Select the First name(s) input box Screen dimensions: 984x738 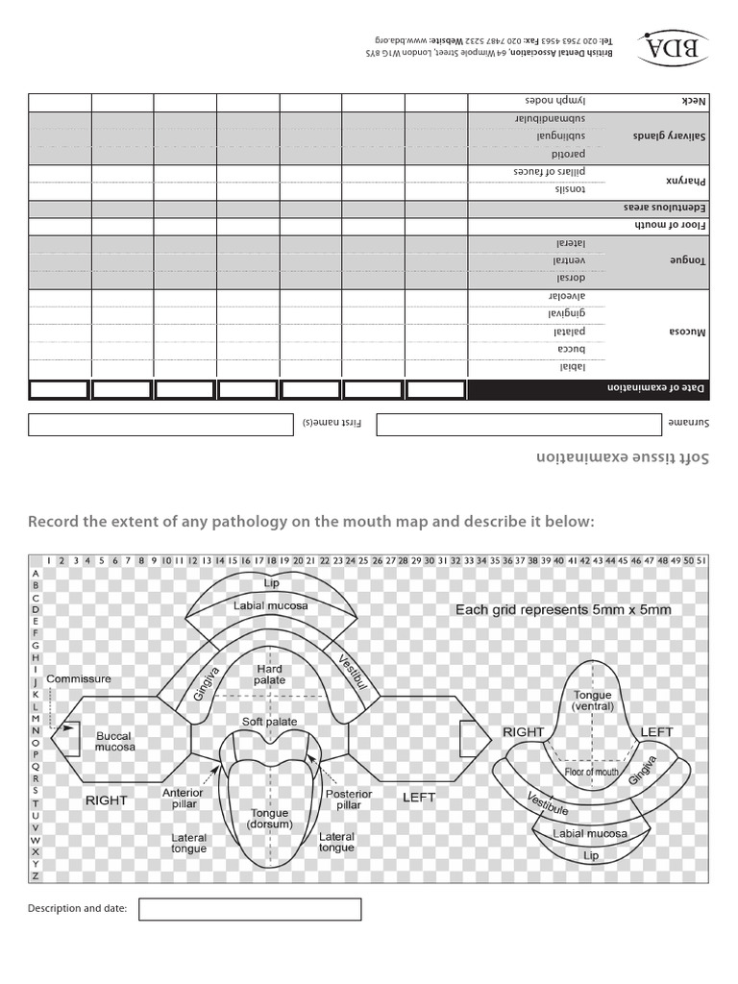[x=160, y=425]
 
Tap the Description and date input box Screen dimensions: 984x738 [x=250, y=909]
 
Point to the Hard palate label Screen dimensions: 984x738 [x=270, y=674]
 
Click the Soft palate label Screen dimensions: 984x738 [x=269, y=722]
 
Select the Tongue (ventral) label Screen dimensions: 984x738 [x=593, y=701]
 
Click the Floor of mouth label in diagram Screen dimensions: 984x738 [x=591, y=772]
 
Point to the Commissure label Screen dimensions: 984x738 [x=79, y=678]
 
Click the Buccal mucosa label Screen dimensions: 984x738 [x=114, y=741]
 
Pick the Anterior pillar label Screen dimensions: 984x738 [x=183, y=798]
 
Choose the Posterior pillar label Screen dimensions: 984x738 [x=342, y=799]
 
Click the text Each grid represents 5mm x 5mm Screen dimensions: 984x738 [x=563, y=609]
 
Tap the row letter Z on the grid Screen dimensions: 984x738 [x=36, y=875]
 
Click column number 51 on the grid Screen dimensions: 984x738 [x=701, y=560]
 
